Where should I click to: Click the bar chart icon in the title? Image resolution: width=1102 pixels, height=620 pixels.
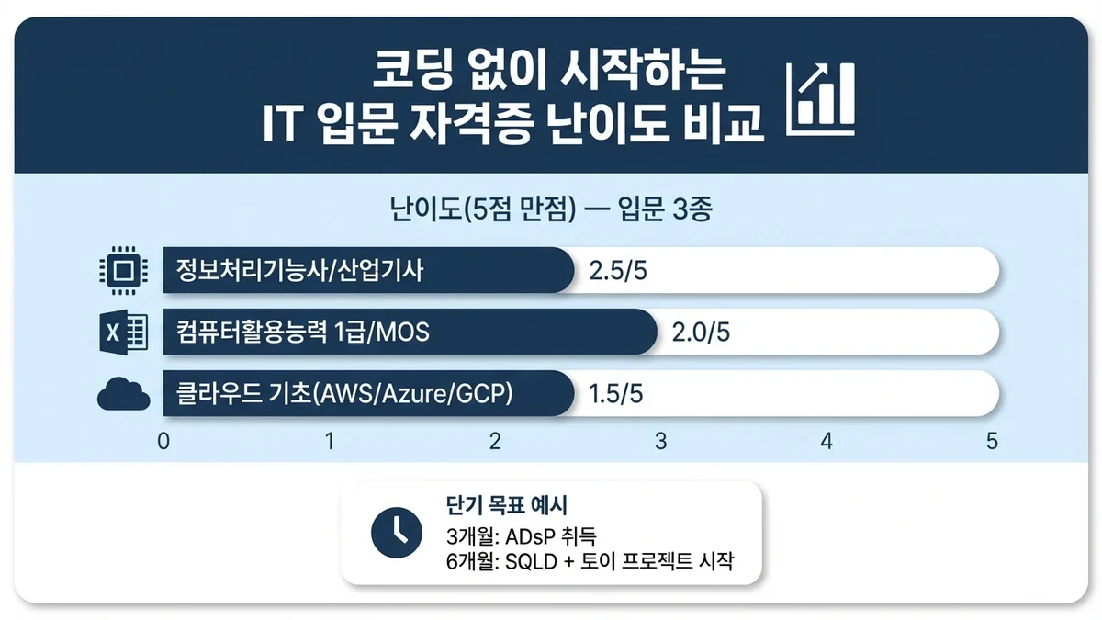point(822,96)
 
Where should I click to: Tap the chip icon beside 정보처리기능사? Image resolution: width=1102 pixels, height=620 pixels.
point(123,271)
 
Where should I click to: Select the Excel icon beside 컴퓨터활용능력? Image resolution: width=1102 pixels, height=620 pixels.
point(123,333)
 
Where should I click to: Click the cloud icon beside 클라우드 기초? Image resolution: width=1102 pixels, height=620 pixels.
point(123,395)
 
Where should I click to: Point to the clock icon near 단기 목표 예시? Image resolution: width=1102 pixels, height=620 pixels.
point(395,531)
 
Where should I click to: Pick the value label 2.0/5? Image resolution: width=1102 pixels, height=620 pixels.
point(702,333)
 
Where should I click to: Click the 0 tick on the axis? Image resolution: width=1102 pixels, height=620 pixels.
point(163,441)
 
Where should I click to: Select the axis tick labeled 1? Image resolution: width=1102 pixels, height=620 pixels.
point(330,441)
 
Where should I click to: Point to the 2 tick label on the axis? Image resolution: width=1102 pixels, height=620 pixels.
point(495,441)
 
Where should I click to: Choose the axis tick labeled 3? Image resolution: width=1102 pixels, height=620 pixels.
point(660,441)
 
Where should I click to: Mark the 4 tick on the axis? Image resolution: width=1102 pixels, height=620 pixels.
point(826,441)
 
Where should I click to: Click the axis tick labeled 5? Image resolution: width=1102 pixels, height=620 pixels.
point(992,441)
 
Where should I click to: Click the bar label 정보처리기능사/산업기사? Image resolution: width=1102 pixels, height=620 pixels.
point(299,271)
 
